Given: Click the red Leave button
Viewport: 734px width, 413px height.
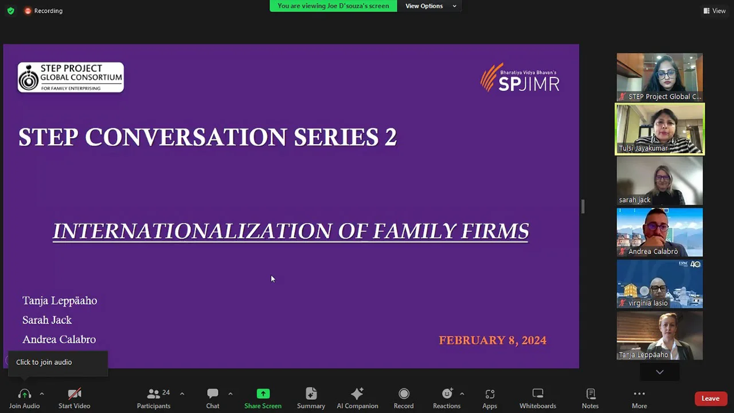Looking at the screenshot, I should point(710,399).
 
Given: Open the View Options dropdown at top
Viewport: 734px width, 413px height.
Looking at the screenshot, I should point(431,6).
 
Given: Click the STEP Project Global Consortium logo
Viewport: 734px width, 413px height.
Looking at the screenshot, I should point(71,77).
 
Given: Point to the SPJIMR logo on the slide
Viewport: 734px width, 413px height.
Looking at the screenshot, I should point(520,78).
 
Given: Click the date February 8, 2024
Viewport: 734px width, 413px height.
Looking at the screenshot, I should point(493,340).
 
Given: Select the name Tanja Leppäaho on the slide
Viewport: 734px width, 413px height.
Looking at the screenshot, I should point(60,301).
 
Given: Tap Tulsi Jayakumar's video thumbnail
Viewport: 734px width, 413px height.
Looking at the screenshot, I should point(659,128).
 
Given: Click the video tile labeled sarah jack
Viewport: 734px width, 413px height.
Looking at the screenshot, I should point(659,180).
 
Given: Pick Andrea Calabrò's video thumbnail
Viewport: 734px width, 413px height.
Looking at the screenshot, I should point(659,232).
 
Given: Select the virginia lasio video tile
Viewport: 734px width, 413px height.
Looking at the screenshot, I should point(659,283).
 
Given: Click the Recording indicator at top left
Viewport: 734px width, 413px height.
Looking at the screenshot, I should point(44,11).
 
